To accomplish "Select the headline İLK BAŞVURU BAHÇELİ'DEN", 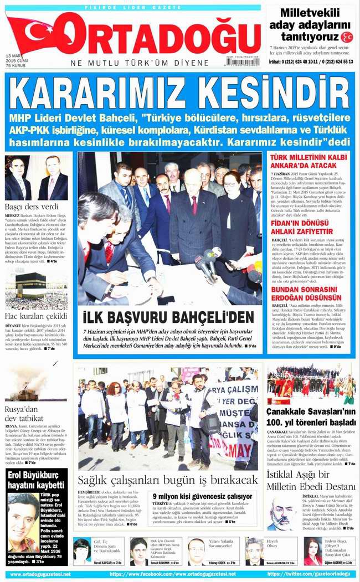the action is [168, 317].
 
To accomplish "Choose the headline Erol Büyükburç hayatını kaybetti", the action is [37, 481].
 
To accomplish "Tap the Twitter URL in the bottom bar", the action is [300, 574].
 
